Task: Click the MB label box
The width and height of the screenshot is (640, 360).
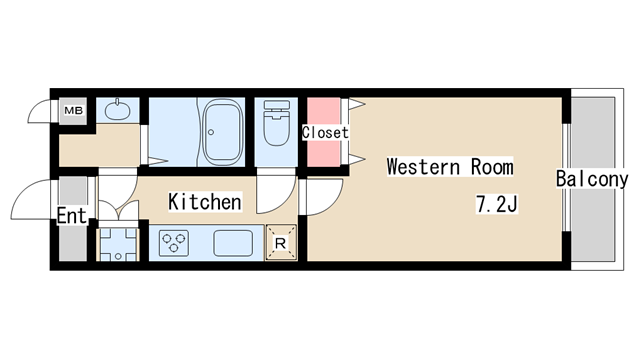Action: pos(74,110)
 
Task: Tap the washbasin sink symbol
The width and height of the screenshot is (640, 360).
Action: pos(118,109)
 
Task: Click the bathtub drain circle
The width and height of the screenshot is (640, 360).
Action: pos(211,132)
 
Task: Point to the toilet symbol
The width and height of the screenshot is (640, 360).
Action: pos(276,123)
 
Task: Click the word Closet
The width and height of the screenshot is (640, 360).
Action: pos(325,132)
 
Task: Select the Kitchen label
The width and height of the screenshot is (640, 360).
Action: pos(205,202)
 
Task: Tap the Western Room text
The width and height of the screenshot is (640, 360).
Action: pos(450,167)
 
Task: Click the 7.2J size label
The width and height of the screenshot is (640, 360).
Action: pos(497,204)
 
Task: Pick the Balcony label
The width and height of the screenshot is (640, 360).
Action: pos(592,179)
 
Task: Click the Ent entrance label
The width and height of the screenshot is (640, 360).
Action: pos(72,216)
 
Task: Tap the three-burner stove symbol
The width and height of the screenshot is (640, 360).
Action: pos(174,243)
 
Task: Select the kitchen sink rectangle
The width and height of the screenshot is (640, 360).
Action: pos(233,243)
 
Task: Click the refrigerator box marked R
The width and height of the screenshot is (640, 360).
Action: pos(281,243)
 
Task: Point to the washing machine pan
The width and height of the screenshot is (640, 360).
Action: pos(118,244)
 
